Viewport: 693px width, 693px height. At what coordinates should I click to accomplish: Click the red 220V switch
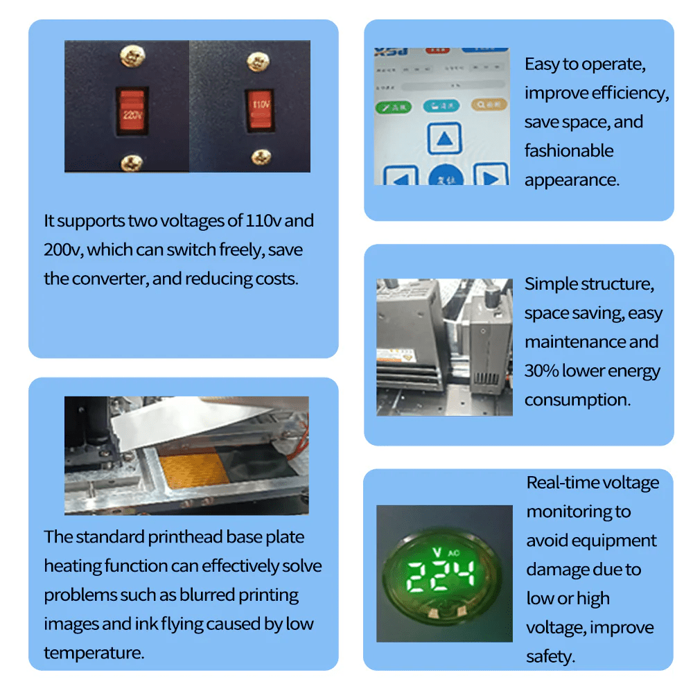pyautogui.click(x=130, y=109)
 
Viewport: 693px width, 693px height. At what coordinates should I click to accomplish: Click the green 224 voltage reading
pyautogui.click(x=440, y=574)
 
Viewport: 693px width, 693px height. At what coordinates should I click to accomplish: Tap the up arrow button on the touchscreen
pyautogui.click(x=444, y=139)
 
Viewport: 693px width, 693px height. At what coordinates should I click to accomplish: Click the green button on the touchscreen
pyautogui.click(x=393, y=107)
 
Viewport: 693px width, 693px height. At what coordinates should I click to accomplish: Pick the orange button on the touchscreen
pyautogui.click(x=489, y=105)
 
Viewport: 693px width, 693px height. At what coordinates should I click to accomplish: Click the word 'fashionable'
pyautogui.click(x=569, y=151)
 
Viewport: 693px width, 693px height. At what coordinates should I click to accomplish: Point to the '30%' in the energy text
pyautogui.click(x=541, y=371)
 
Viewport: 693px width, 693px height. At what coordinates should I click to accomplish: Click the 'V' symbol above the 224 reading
pyautogui.click(x=436, y=552)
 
